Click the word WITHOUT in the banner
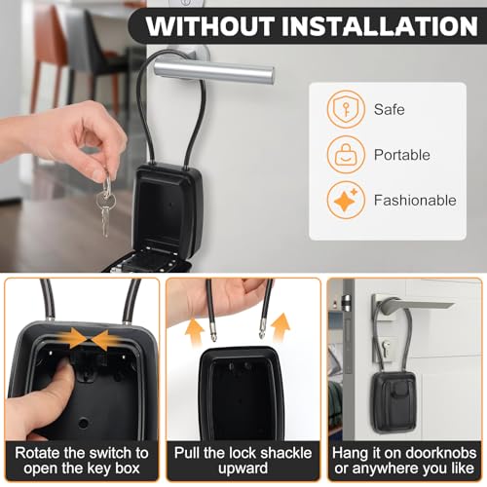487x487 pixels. click(210, 26)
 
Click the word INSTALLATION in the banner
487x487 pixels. click(380, 26)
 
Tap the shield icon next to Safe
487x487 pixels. click(346, 109)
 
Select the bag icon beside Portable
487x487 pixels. click(346, 155)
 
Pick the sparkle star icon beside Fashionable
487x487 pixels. click(346, 200)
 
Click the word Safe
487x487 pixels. click(390, 109)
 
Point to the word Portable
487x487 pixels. click(402, 155)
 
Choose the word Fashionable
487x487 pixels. click(415, 200)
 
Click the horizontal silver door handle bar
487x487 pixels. click(214, 72)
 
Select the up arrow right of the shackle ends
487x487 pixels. click(281, 326)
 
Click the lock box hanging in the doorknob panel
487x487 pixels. click(394, 402)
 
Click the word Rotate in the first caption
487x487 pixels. click(37, 453)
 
